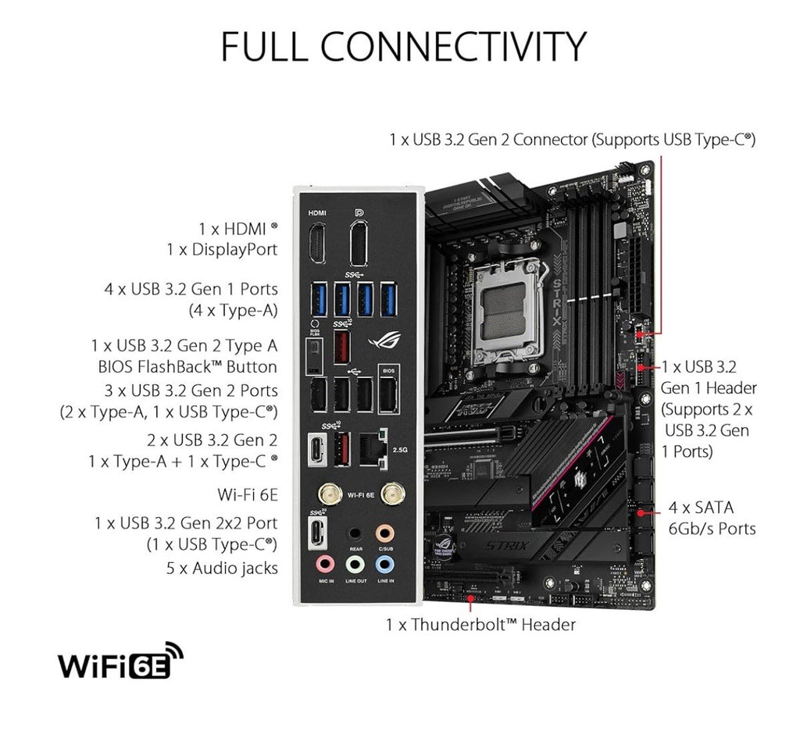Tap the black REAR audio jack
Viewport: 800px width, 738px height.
pos(355,533)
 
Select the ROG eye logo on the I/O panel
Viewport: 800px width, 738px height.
pos(383,340)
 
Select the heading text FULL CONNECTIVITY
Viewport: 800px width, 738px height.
pos(403,47)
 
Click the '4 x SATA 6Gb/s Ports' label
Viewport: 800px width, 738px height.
pos(712,518)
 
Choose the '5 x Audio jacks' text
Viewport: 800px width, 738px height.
pos(222,568)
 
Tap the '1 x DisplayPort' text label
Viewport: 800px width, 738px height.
pos(222,249)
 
